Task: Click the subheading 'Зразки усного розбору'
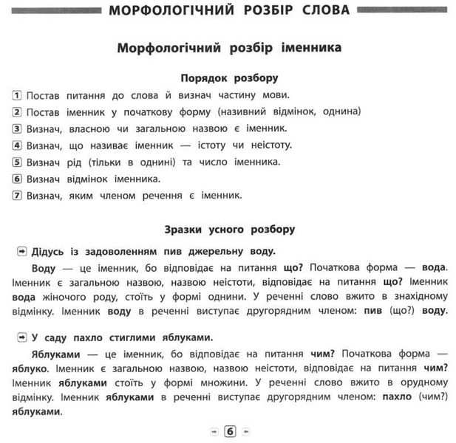pyautogui.click(x=229, y=229)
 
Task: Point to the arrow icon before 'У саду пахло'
pyautogui.click(x=22, y=337)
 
